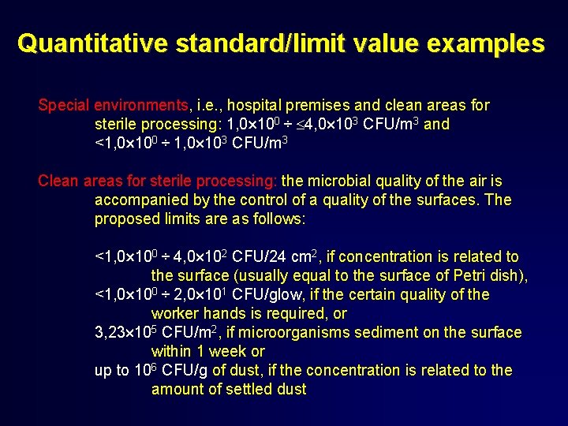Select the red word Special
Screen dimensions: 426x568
pos(65,105)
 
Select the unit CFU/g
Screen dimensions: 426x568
pos(185,370)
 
